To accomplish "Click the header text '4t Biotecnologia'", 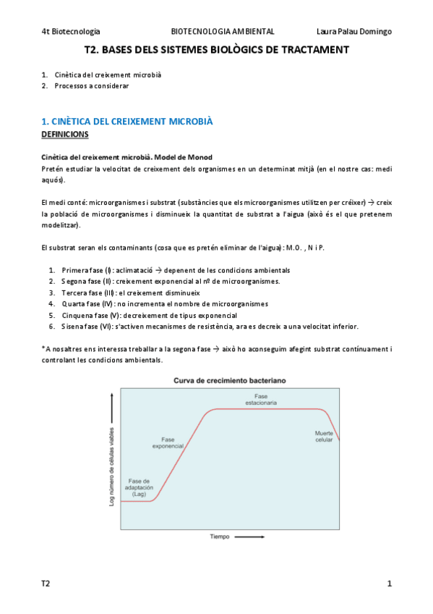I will [x=71, y=32].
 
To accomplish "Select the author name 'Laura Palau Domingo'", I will [x=354, y=32].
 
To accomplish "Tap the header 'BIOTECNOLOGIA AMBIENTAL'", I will [x=222, y=32].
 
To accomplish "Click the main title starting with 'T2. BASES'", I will [x=216, y=50].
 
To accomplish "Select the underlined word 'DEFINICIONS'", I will [x=65, y=135].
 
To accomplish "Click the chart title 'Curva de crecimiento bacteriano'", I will [x=228, y=380].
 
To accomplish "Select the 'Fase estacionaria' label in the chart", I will [x=261, y=399].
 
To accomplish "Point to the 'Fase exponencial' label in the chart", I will [x=168, y=443].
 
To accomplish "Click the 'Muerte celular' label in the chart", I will [x=324, y=437].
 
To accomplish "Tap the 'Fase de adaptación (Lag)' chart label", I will [x=139, y=487].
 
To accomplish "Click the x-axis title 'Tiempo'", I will [x=220, y=537].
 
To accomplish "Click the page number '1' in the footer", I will [x=389, y=584].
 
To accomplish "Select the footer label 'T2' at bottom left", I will [x=46, y=584].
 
